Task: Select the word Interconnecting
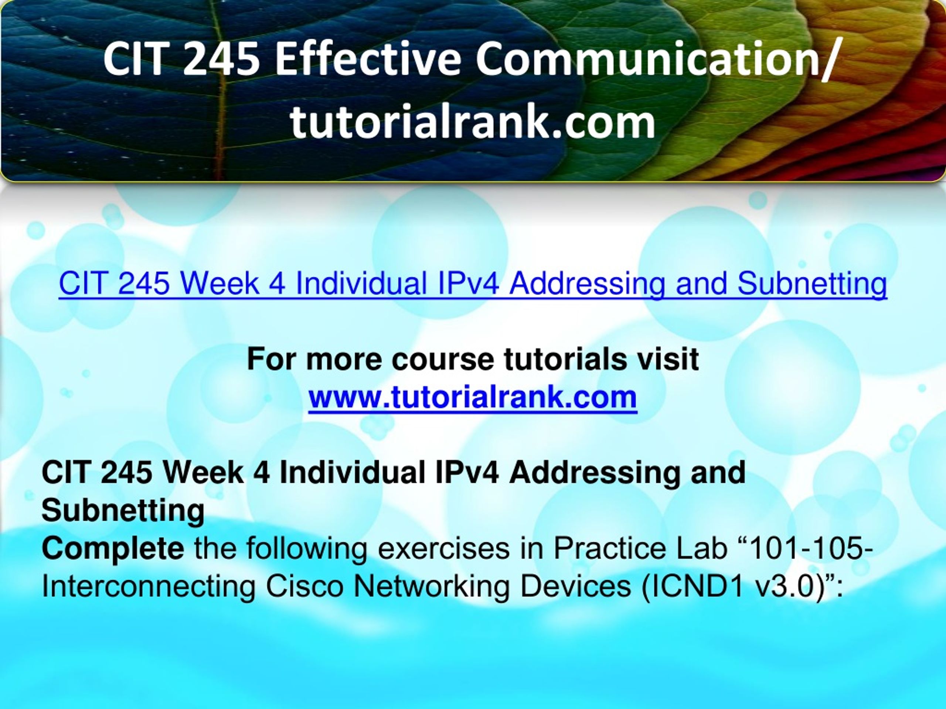(x=149, y=587)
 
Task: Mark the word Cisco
(x=304, y=586)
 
